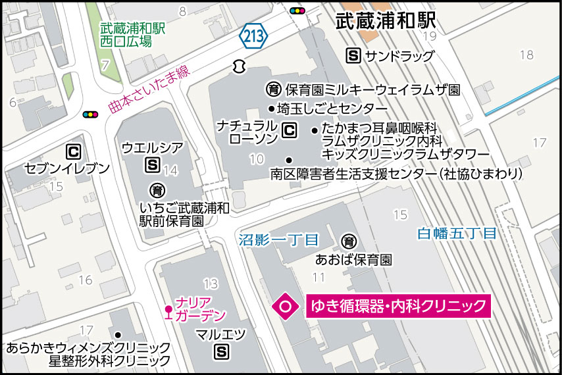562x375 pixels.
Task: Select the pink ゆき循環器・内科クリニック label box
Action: (398, 306)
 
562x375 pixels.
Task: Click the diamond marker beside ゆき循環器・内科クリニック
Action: (286, 306)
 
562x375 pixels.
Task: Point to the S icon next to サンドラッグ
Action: (353, 56)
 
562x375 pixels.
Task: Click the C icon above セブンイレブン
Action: (74, 153)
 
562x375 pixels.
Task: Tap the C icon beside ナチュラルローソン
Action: (288, 131)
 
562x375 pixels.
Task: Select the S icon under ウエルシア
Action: (153, 164)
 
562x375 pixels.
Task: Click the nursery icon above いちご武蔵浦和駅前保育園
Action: (157, 191)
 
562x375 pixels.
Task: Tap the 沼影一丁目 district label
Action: (278, 239)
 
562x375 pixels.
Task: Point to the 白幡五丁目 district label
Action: (456, 233)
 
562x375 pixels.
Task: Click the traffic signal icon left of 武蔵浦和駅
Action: (298, 11)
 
